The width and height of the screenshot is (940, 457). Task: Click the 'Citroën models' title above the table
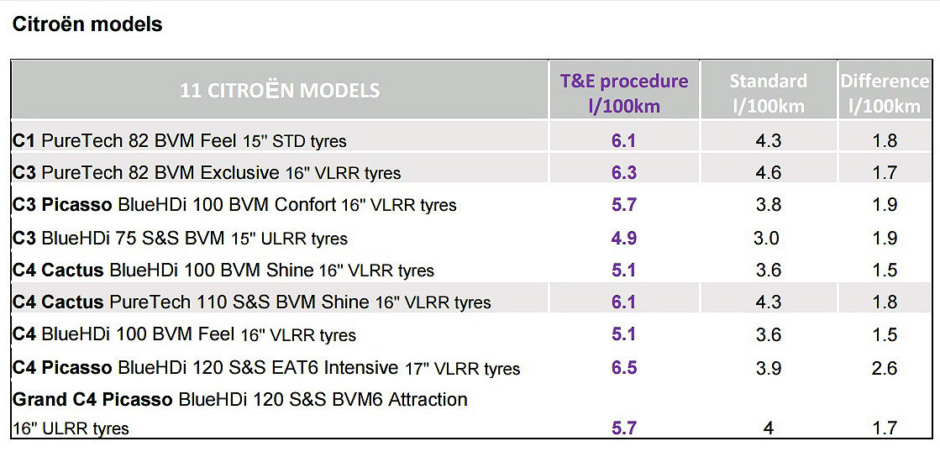[87, 24]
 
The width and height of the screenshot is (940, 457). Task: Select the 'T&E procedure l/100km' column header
[624, 92]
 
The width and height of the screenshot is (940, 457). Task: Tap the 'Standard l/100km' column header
[768, 92]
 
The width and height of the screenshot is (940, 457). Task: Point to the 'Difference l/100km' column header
[885, 92]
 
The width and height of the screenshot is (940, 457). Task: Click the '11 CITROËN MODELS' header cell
[280, 90]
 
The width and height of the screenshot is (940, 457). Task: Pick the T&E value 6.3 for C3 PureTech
[624, 173]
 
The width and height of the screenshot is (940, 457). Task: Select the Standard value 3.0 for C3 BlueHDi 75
[766, 238]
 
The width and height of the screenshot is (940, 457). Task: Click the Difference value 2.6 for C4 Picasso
[885, 368]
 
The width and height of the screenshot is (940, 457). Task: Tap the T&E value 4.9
[624, 238]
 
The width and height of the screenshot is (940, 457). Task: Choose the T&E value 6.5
[624, 368]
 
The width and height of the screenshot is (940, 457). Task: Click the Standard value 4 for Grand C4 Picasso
[768, 428]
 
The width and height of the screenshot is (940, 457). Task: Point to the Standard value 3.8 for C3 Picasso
[768, 205]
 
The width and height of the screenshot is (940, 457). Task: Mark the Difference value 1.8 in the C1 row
[885, 140]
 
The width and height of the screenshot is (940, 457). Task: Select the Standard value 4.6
[768, 173]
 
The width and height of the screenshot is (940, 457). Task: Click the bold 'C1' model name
[24, 140]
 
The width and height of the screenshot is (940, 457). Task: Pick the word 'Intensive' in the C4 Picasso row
[360, 368]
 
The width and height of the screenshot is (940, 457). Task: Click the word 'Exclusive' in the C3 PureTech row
[239, 173]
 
